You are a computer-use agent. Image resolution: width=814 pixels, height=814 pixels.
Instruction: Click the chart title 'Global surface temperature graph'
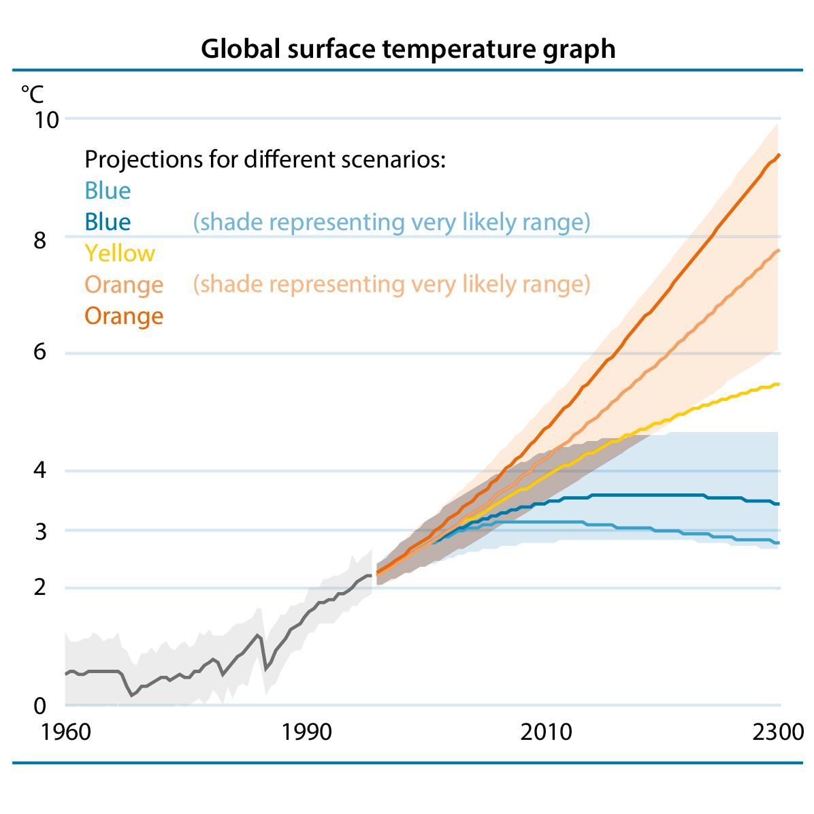pos(407,49)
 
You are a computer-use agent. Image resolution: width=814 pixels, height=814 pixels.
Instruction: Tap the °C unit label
pos(31,93)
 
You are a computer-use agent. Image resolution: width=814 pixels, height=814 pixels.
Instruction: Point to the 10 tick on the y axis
pos(47,120)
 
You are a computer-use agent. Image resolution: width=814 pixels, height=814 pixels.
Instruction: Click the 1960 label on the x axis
pos(66,732)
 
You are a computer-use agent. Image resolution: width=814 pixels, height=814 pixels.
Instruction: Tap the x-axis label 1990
pos(306,732)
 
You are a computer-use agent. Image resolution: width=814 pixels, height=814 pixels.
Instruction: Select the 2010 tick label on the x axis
pos(546,732)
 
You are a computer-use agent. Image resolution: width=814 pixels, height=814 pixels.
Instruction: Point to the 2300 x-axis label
pos(779,732)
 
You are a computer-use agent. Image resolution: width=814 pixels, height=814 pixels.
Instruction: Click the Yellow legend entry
pos(120,253)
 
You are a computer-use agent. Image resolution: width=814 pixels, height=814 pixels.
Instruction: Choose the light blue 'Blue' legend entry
pos(108,191)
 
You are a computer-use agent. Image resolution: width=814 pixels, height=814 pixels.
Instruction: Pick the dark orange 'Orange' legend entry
pos(124,316)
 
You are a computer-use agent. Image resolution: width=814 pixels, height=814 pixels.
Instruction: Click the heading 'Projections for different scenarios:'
pos(265,159)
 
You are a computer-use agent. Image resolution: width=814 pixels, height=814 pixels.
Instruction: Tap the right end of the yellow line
pos(778,385)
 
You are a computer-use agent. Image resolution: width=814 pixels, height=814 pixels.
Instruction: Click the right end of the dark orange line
pos(778,155)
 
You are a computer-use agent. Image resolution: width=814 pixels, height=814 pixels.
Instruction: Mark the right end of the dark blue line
pos(778,504)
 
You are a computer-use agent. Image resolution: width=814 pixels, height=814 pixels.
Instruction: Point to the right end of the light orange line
pos(778,250)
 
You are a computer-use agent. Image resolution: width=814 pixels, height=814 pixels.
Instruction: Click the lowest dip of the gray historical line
pos(132,695)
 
